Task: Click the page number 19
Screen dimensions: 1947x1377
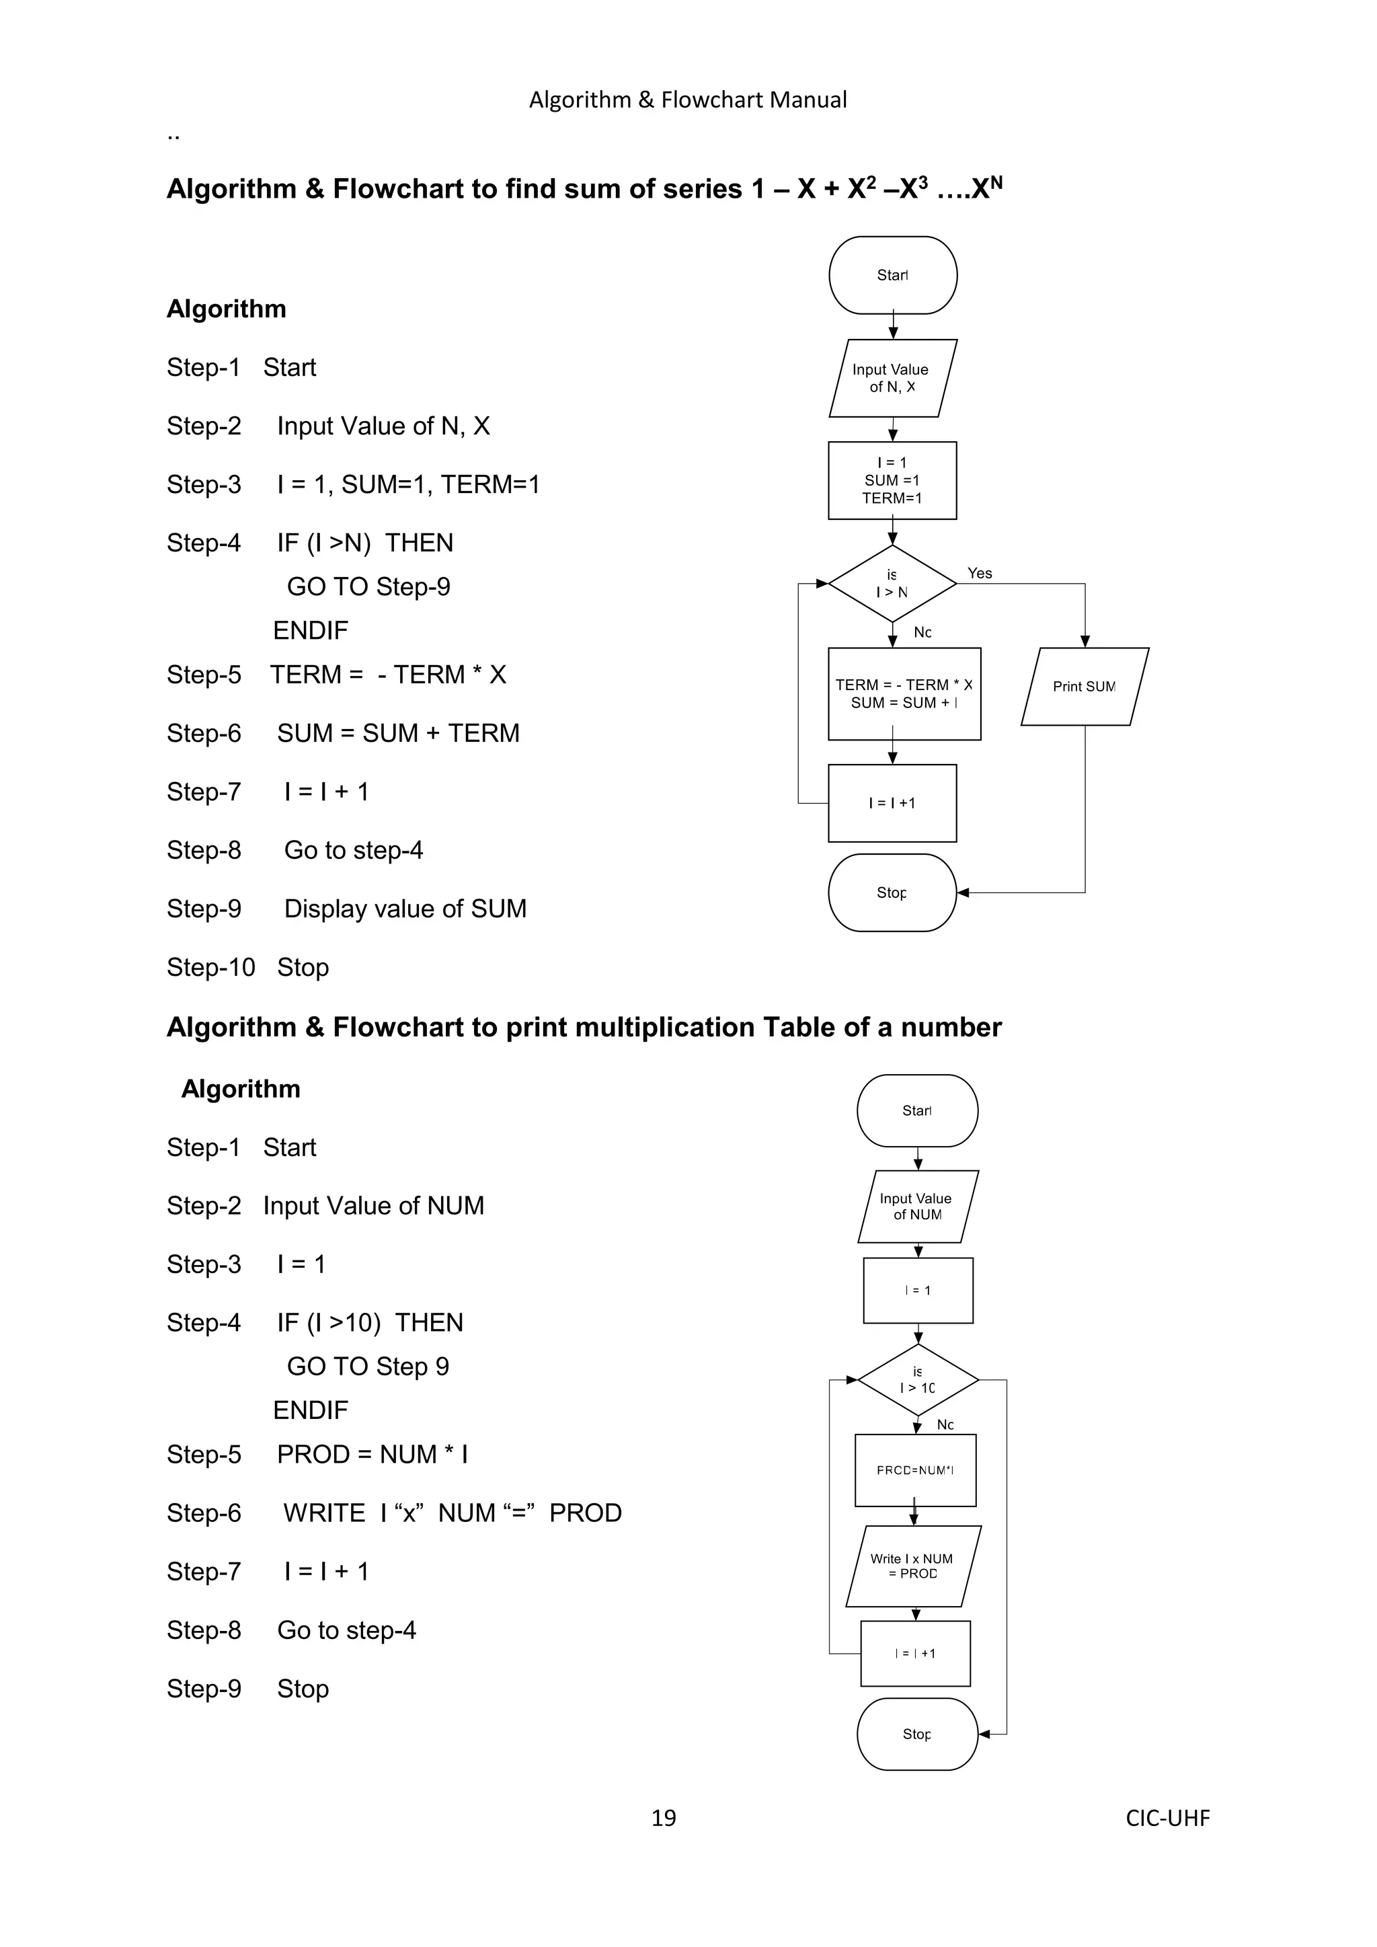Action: click(x=663, y=1817)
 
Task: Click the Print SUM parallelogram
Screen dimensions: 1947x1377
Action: click(x=1085, y=687)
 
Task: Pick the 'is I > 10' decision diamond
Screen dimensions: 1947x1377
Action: click(x=917, y=1379)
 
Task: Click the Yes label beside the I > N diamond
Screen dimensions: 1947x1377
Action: click(x=980, y=573)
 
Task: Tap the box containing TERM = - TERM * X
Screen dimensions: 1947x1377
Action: click(x=904, y=693)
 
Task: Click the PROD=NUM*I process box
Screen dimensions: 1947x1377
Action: click(x=916, y=1470)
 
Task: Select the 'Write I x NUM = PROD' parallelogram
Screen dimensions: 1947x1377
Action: click(x=913, y=1566)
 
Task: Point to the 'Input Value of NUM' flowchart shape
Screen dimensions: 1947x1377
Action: click(x=917, y=1206)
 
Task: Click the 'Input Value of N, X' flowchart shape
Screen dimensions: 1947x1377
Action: click(x=892, y=378)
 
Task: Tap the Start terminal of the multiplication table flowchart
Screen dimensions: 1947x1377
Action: click(x=917, y=1111)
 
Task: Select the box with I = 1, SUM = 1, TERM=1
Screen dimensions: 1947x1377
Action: click(x=892, y=480)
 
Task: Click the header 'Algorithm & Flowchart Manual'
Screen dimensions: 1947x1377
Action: click(x=688, y=100)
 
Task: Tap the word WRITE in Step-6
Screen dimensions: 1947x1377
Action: click(x=324, y=1513)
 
